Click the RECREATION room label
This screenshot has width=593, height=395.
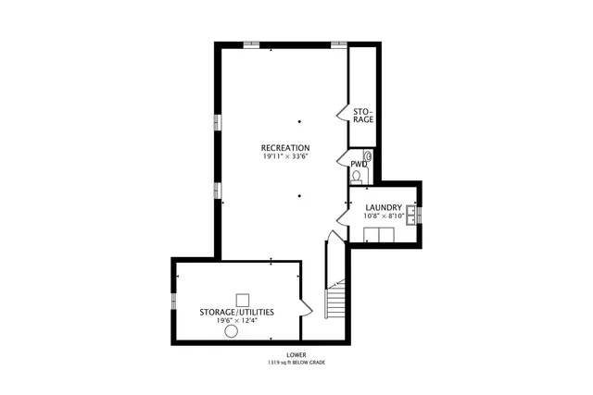point(284,148)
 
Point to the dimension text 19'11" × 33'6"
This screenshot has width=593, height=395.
point(284,157)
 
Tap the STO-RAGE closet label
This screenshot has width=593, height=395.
point(362,114)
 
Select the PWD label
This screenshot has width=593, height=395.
point(357,164)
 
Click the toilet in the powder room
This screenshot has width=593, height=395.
point(357,177)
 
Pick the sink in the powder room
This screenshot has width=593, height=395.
point(368,156)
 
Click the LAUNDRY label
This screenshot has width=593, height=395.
point(383,207)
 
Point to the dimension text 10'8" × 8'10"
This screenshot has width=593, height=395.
point(383,216)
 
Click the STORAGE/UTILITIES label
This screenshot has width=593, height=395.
point(236,313)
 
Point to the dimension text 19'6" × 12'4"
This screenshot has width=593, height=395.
point(236,321)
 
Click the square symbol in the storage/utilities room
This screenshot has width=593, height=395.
point(243,299)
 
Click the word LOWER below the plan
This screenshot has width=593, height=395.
point(297,354)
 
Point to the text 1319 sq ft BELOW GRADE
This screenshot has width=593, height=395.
point(297,363)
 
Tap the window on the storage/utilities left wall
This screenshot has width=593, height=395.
point(173,301)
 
